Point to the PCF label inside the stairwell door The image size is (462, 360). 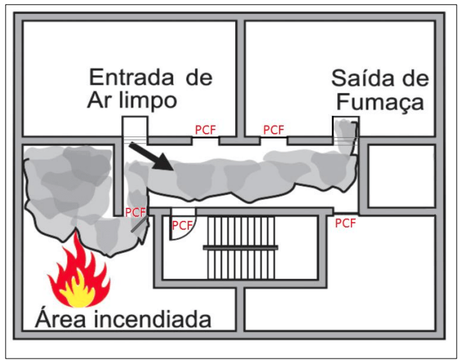pyautogui.click(x=182, y=225)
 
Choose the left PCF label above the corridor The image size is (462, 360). pyautogui.click(x=206, y=130)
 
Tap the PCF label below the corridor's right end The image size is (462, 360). pyautogui.click(x=345, y=223)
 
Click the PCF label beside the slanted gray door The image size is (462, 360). pyautogui.click(x=135, y=212)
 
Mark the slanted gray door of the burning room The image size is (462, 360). pyautogui.click(x=139, y=225)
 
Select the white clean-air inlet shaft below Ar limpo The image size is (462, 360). pyautogui.click(x=134, y=130)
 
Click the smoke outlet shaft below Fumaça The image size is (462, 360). pyautogui.click(x=345, y=132)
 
